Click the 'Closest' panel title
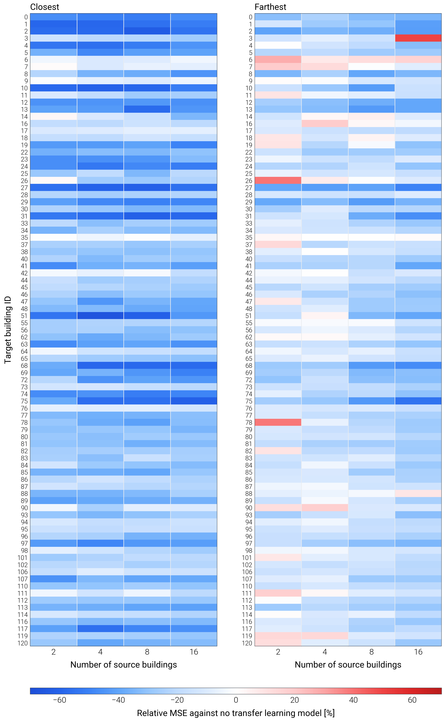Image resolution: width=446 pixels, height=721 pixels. coord(44,7)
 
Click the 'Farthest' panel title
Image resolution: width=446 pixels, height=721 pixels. coord(270,7)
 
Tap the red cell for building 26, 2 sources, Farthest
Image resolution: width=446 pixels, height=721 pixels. coord(278,180)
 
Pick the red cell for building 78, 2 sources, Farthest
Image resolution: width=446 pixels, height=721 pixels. coord(278,422)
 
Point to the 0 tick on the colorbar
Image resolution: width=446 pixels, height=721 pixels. coord(236,700)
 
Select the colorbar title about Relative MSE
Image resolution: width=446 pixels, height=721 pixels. coord(236,713)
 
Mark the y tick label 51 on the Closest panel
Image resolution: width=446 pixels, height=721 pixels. coord(24,316)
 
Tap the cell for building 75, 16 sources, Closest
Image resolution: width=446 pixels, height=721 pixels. coord(194,401)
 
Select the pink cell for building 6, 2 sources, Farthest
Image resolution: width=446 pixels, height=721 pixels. coord(278,60)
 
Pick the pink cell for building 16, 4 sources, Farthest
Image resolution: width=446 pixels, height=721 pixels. coord(325,124)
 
